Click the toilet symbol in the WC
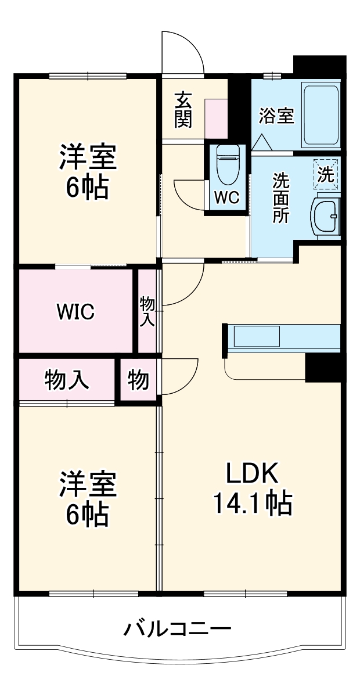(227, 164)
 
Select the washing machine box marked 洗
(326, 174)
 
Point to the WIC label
(75, 312)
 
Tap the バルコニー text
(178, 628)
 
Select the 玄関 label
(183, 110)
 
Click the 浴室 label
(276, 116)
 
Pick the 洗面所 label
(281, 197)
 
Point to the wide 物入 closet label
(67, 380)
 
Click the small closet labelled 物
(138, 380)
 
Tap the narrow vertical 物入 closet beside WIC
(147, 311)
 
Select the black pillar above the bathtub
(319, 65)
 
